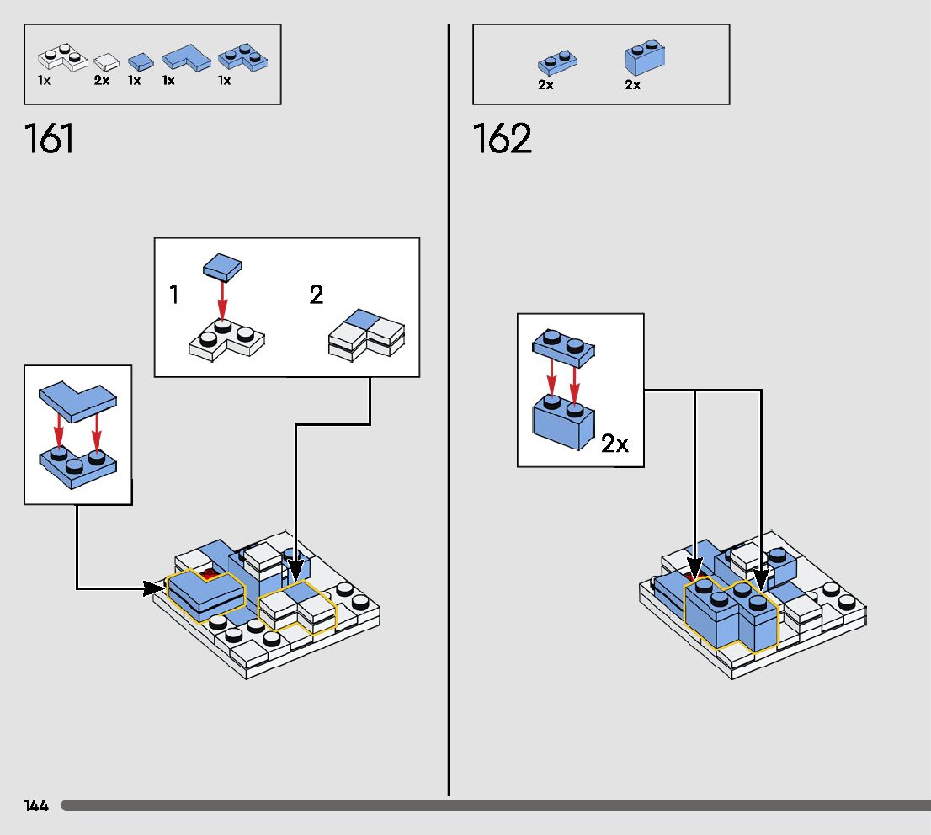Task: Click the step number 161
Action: click(50, 139)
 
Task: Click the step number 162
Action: click(503, 139)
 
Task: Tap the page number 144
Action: click(36, 806)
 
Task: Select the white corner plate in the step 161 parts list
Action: click(62, 58)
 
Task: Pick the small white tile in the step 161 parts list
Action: click(106, 61)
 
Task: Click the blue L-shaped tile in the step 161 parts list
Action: click(185, 57)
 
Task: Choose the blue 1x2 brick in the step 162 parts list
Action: click(645, 59)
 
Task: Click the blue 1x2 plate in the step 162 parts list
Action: click(557, 63)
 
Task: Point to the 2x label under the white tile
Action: click(102, 81)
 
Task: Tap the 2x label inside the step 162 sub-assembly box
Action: click(614, 444)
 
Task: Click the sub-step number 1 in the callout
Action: click(173, 295)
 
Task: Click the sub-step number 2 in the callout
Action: click(317, 295)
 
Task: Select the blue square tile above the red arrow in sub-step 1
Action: click(222, 267)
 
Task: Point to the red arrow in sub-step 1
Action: click(222, 300)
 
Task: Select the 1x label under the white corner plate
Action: click(44, 81)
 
